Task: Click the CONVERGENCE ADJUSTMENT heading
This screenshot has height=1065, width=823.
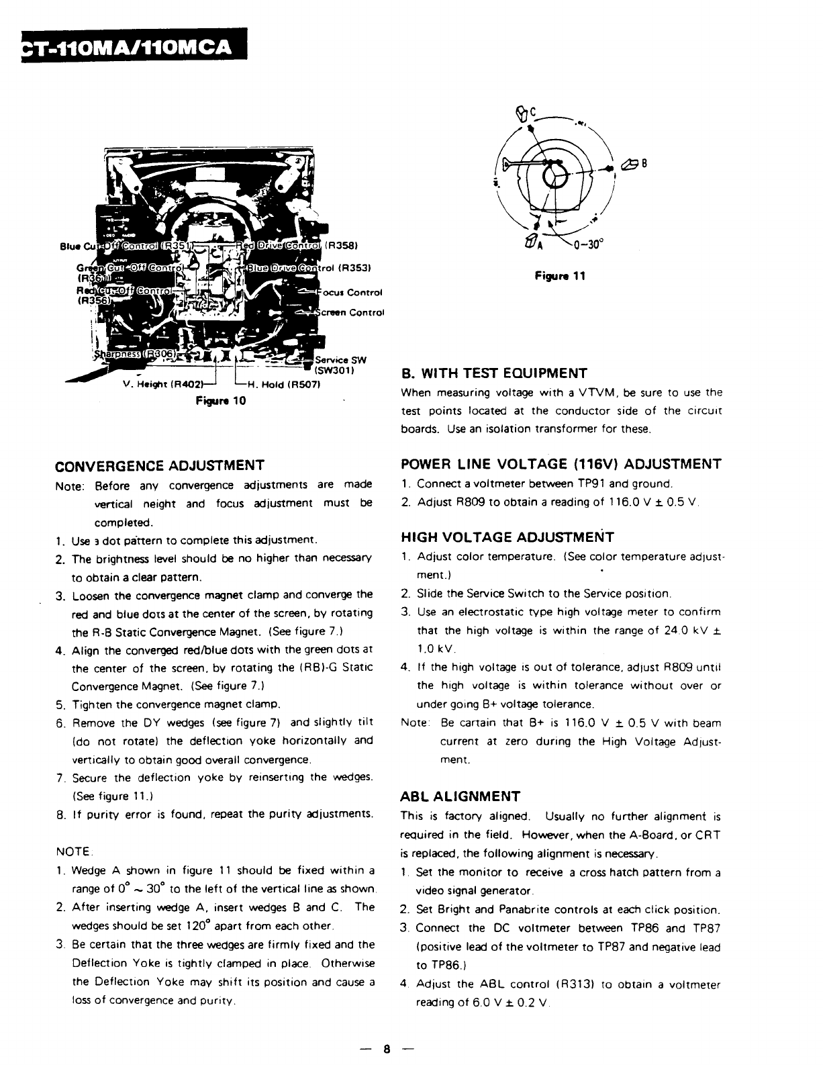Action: pos(159,465)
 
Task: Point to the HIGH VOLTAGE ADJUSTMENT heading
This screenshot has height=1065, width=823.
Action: pos(507,537)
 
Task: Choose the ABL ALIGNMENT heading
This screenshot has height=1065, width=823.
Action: pos(460,797)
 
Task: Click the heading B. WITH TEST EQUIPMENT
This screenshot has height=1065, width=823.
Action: pos(493,373)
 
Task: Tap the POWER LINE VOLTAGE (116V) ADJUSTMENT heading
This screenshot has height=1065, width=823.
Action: pos(561,464)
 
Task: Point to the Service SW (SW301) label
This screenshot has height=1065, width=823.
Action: pos(340,365)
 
